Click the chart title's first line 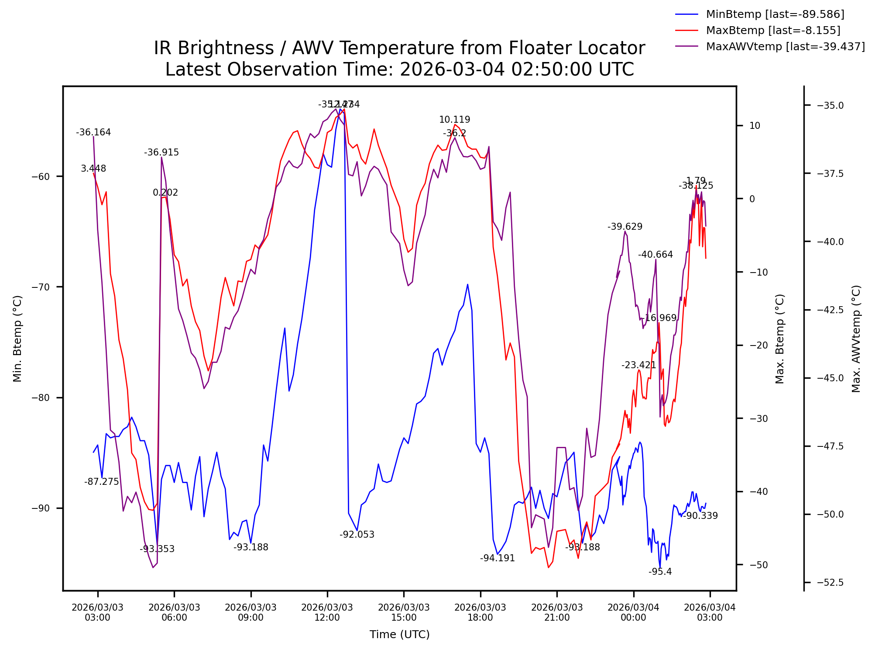[399, 48]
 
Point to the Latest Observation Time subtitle [399, 69]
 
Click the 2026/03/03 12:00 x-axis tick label [327, 612]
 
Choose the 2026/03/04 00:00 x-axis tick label [633, 612]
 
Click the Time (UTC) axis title [399, 635]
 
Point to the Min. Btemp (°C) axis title [17, 339]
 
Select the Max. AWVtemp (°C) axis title [856, 339]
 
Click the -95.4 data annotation [660, 572]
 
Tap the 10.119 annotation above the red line [454, 120]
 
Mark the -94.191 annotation [498, 558]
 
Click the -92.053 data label [357, 535]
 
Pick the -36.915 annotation [161, 152]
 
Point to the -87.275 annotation [102, 482]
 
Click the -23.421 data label [638, 365]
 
